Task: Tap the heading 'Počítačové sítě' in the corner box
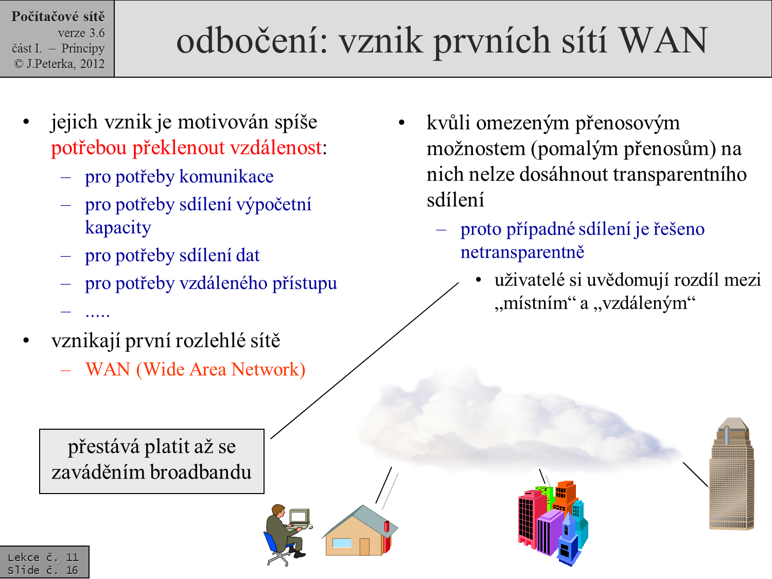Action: (58, 16)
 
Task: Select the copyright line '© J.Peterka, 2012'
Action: (59, 64)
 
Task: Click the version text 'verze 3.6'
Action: (81, 33)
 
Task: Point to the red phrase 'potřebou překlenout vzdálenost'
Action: (186, 148)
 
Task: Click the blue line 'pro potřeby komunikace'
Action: (179, 177)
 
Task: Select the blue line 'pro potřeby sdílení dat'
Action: (172, 255)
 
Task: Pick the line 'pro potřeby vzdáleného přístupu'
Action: (211, 283)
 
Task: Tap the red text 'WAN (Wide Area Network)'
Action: (196, 370)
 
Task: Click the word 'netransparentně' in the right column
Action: (522, 252)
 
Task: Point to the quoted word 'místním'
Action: (535, 303)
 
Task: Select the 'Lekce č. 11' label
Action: (43, 557)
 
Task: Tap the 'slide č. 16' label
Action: (43, 570)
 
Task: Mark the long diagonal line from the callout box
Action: (364, 360)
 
